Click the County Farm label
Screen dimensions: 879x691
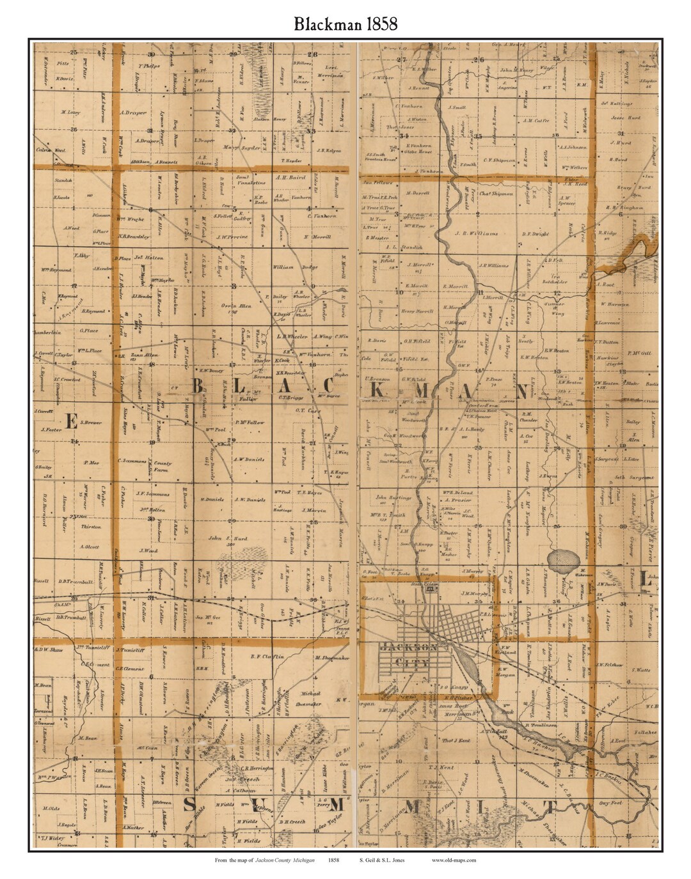tap(163, 463)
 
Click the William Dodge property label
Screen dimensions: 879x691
tap(295, 267)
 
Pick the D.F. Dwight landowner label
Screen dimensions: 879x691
tap(536, 233)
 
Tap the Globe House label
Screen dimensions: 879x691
tap(420, 152)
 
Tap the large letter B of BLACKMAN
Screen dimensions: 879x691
tap(198, 387)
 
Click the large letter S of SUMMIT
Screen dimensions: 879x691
tap(189, 805)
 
